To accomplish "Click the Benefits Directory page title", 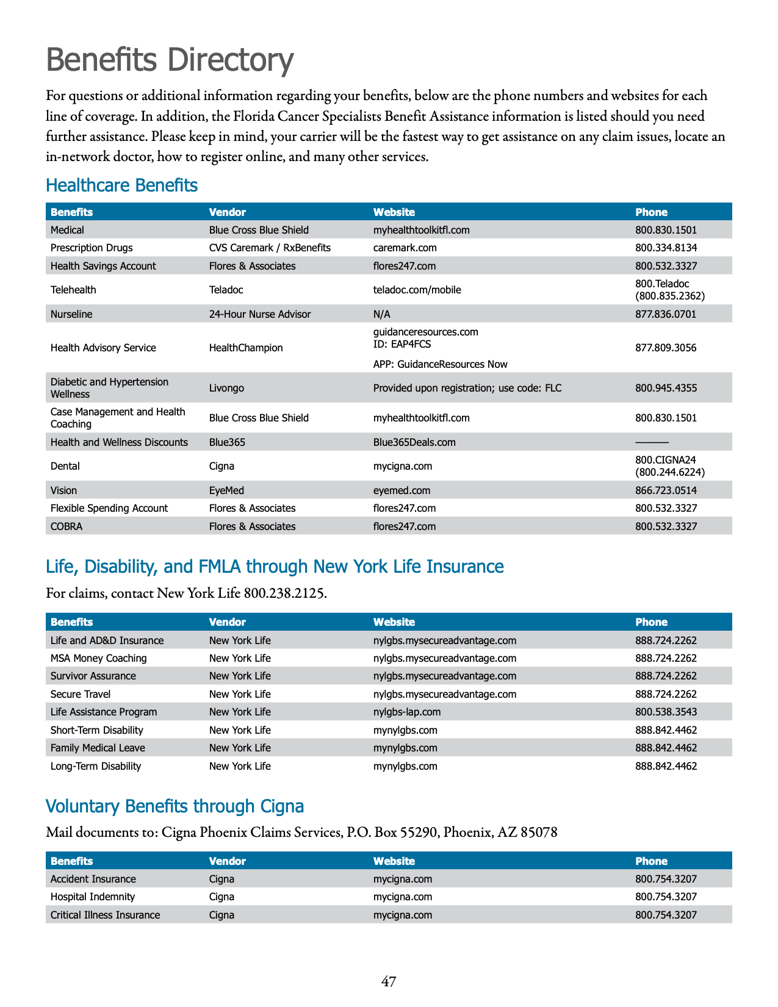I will coord(170,60).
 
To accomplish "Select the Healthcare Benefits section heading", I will coord(121,185).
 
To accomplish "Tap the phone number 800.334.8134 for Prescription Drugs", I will coord(666,248).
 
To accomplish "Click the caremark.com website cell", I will coord(405,248).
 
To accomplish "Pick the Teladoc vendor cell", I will coord(226,290).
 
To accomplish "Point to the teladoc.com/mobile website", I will coord(417,290).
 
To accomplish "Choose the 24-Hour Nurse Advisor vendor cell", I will coord(259,314).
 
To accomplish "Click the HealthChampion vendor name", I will coord(246,348).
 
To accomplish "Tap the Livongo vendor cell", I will coord(226,388).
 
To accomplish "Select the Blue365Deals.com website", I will coord(414,442).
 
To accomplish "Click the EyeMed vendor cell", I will coord(226,490).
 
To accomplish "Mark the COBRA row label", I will coord(67,526).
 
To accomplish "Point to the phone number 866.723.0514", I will coord(666,490).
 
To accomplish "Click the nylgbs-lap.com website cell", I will coord(406,712).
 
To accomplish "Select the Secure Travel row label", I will coord(81,694).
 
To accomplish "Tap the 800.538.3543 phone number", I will coord(666,712).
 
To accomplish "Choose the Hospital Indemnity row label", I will coord(93,897).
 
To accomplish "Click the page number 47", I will coord(389,981).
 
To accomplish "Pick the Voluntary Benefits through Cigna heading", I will coord(175,806).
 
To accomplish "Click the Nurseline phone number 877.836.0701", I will coord(666,314).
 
